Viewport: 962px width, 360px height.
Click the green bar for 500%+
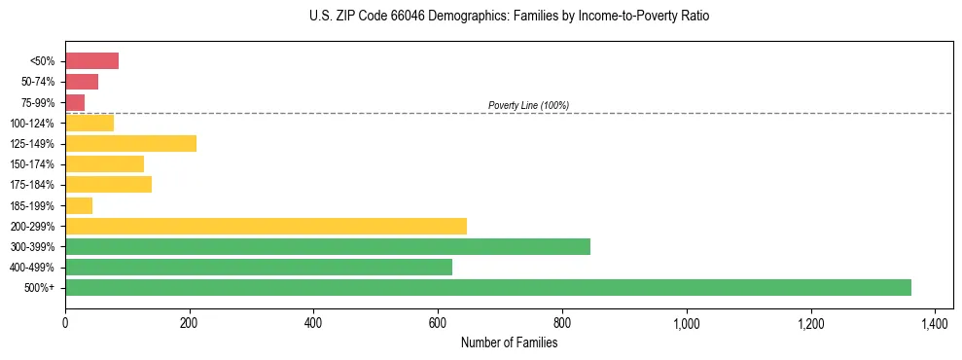[487, 287]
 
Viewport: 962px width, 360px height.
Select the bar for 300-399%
[327, 246]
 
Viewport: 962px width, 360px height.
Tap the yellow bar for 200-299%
[266, 226]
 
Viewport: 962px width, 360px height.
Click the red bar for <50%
[91, 61]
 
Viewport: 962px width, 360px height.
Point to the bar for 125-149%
[130, 144]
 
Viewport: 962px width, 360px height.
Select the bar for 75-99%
[75, 102]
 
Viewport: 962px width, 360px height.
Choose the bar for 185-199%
[79, 205]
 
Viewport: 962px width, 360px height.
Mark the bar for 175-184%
[108, 185]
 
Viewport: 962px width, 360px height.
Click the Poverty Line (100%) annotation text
[528, 105]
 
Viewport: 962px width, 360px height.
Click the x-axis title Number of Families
[509, 342]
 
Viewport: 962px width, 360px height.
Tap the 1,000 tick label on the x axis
[686, 323]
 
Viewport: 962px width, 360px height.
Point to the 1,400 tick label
[934, 323]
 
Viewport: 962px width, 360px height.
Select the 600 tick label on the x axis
[438, 323]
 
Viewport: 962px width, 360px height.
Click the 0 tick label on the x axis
[65, 323]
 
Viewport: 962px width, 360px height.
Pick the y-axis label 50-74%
[37, 82]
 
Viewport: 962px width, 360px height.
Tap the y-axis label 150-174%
[34, 164]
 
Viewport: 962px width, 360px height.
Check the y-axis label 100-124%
[34, 124]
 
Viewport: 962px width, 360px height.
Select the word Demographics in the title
[439, 17]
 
